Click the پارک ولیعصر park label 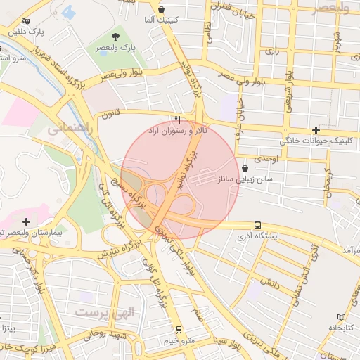(x=117, y=47)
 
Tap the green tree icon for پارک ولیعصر (x=115, y=35)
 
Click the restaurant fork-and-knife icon (x=177, y=120)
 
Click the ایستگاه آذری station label (x=259, y=236)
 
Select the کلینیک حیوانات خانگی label (x=314, y=141)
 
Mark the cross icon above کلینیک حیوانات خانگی (x=316, y=130)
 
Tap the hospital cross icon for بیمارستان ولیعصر (x=26, y=221)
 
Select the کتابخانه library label (x=340, y=328)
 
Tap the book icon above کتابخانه (x=342, y=317)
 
